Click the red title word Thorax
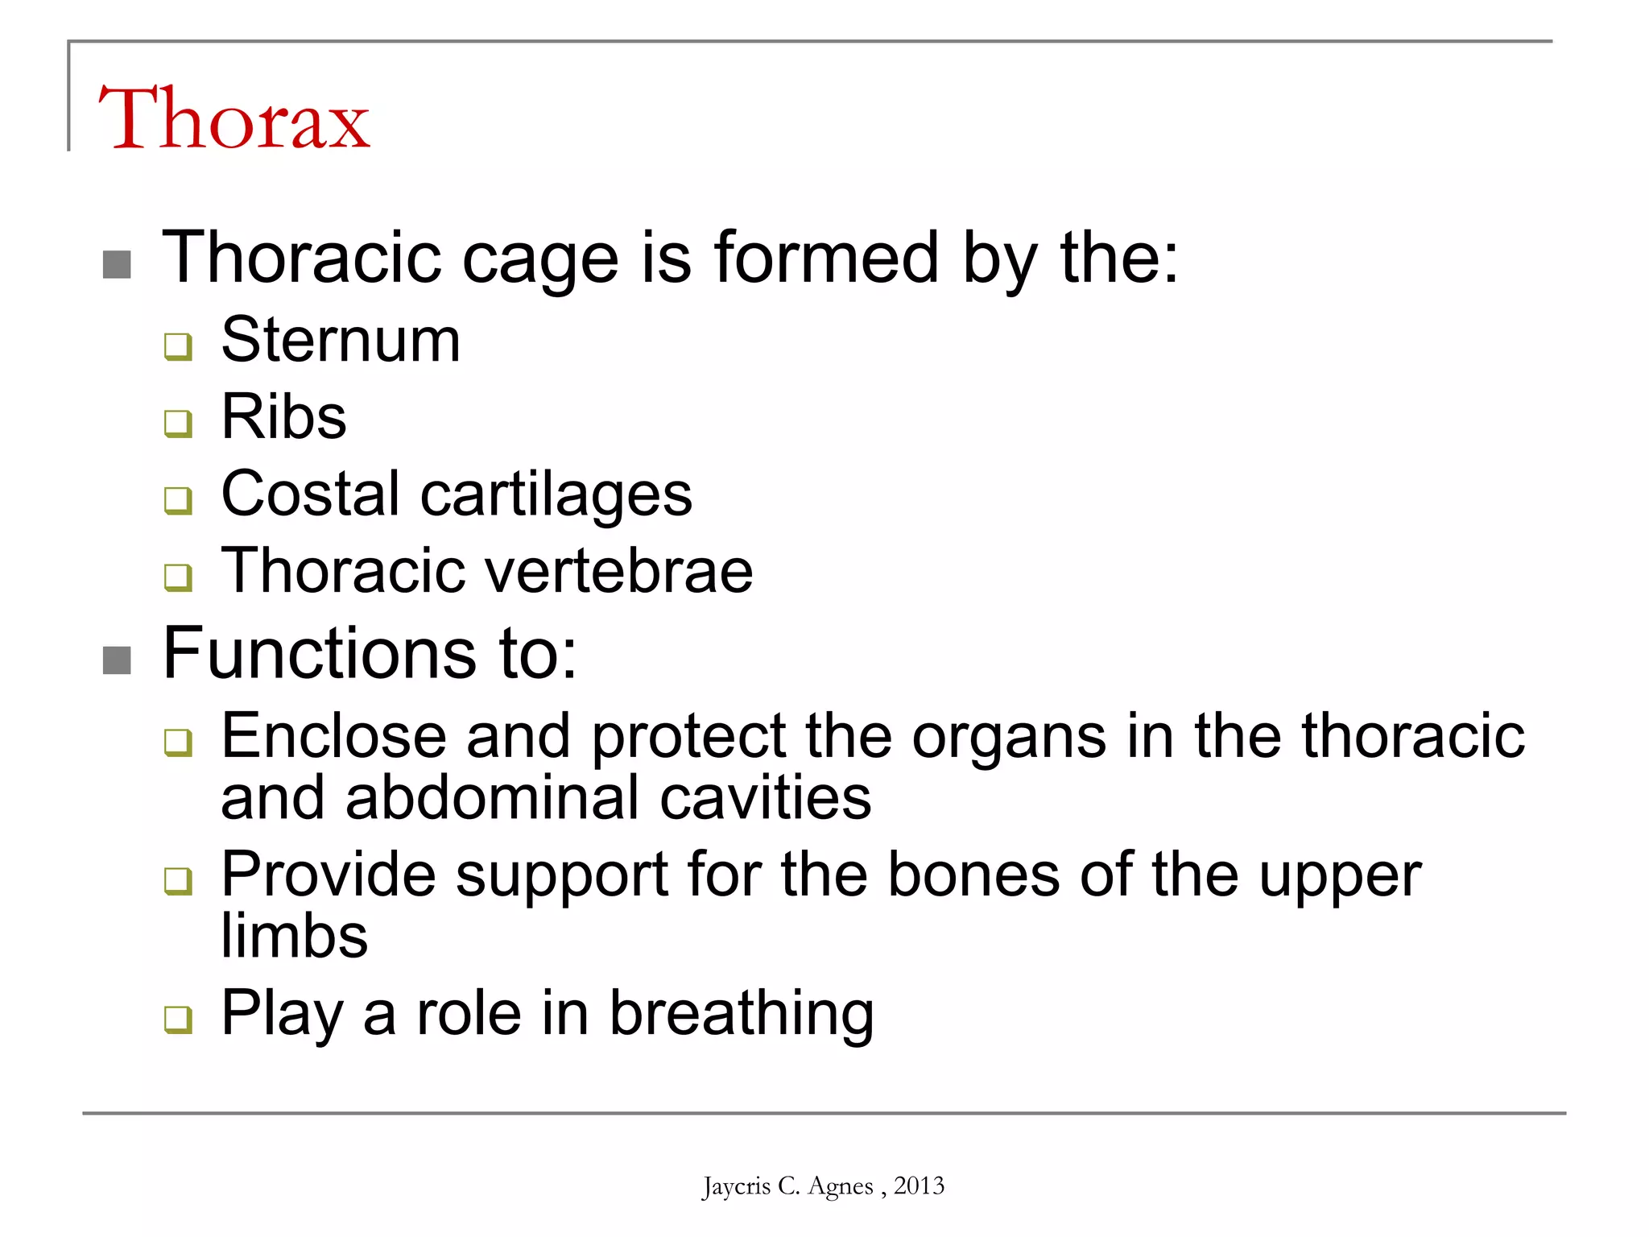pyautogui.click(x=234, y=119)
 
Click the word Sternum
pyautogui.click(x=341, y=340)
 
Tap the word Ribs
pyautogui.click(x=283, y=416)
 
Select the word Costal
pyautogui.click(x=310, y=493)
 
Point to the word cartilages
pyautogui.click(x=556, y=494)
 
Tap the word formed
pyautogui.click(x=826, y=258)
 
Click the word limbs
pyautogui.click(x=295, y=936)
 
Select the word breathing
pyautogui.click(x=741, y=1014)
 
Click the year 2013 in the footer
pyautogui.click(x=919, y=1185)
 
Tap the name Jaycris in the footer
pyautogui.click(x=736, y=1186)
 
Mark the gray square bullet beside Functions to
pyautogui.click(x=118, y=660)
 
